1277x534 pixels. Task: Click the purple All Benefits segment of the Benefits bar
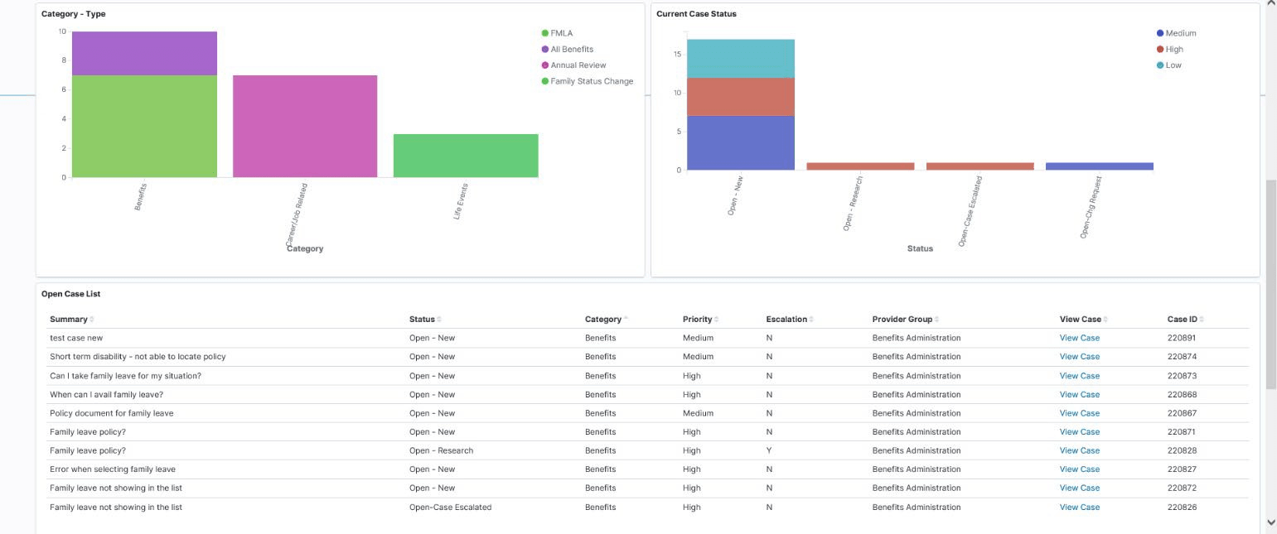(x=144, y=53)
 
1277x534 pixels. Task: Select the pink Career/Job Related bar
(x=305, y=126)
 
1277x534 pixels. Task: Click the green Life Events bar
(x=466, y=156)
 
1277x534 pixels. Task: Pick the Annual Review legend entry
(x=578, y=65)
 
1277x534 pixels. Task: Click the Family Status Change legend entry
(x=591, y=81)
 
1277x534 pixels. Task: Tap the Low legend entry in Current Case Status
(x=1173, y=65)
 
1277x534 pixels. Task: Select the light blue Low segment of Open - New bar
(x=741, y=58)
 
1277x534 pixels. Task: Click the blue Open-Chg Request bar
(x=1099, y=166)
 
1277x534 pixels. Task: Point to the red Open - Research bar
(x=860, y=166)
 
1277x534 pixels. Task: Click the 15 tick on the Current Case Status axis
(x=677, y=55)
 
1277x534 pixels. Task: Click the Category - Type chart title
(x=74, y=14)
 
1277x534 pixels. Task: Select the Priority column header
(x=697, y=320)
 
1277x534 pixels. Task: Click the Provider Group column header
(x=902, y=320)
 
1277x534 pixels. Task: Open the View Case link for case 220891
(x=1079, y=338)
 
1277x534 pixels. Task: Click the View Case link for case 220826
(x=1079, y=508)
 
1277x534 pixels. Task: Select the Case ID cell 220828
(x=1182, y=451)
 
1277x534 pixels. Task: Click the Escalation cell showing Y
(x=769, y=451)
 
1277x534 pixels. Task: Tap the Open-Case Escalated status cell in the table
(x=450, y=508)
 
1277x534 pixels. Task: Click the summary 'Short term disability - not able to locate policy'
(x=138, y=357)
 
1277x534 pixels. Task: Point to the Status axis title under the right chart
(x=920, y=248)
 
